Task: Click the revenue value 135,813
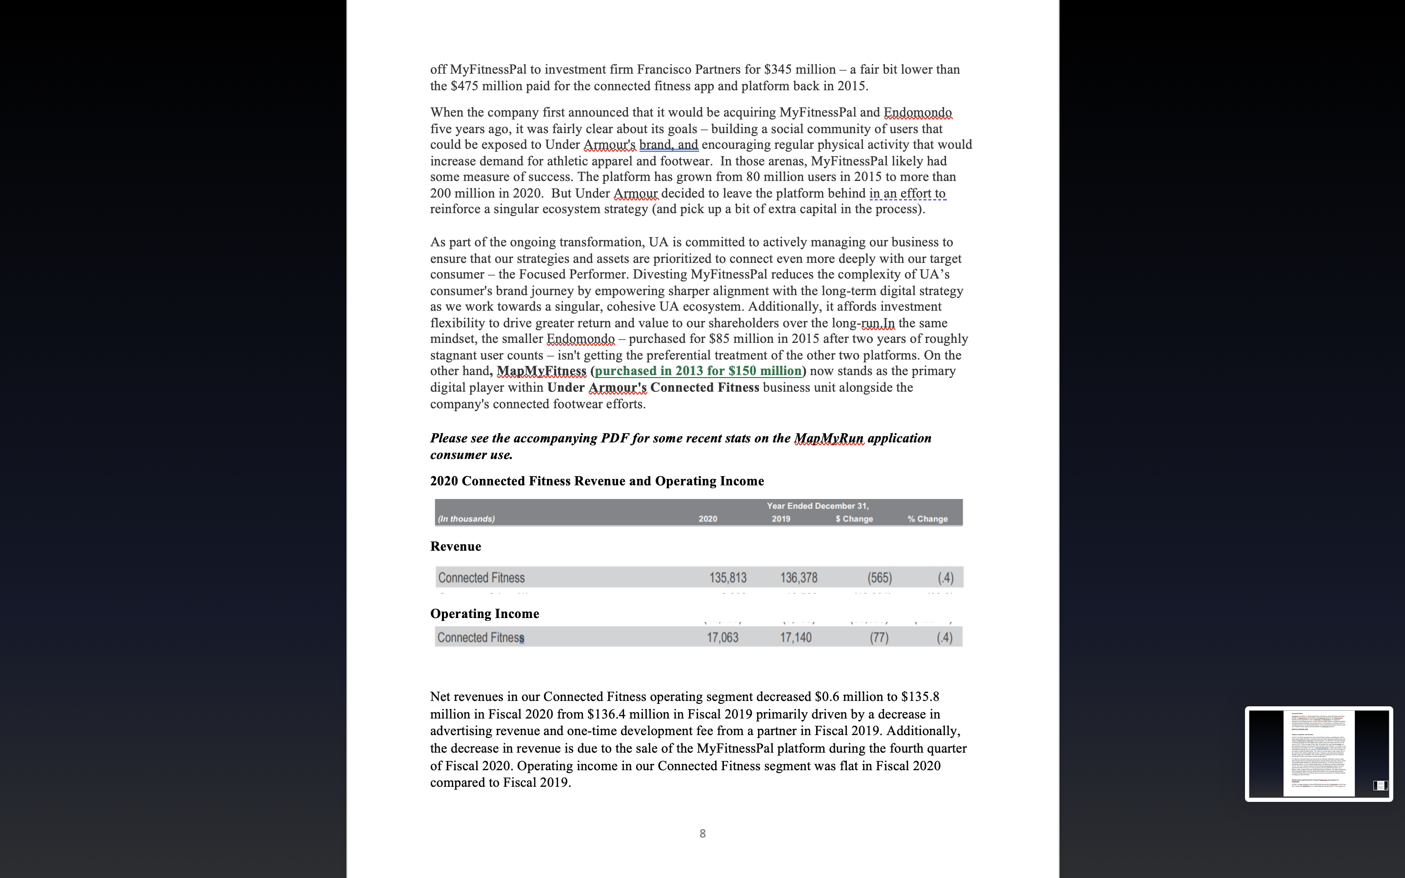727,578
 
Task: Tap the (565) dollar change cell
879,578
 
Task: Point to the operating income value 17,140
795,638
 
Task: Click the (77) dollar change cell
879,638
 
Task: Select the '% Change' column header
927,519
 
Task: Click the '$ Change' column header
854,519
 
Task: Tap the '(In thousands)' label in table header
466,519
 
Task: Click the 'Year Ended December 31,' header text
818,506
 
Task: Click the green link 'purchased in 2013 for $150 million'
698,371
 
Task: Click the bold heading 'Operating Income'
484,614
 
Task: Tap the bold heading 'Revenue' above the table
455,546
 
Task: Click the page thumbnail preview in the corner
1318,753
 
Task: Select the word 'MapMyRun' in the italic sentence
828,439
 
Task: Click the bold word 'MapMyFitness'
541,371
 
